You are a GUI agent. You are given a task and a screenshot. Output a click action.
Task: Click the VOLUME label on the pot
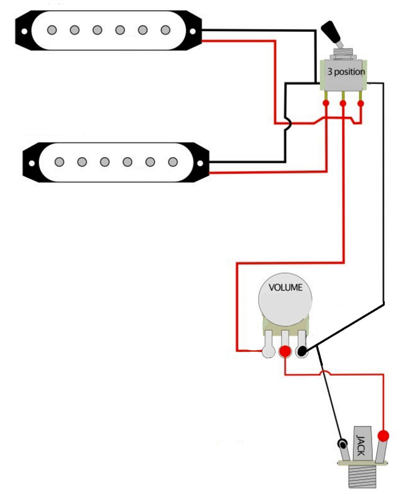tap(285, 287)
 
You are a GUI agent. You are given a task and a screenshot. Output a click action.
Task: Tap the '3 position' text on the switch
tap(345, 71)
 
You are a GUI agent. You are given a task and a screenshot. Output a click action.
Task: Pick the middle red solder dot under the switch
tap(343, 104)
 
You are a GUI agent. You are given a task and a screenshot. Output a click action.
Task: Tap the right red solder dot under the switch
tap(361, 104)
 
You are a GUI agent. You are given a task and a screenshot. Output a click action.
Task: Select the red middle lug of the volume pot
tap(285, 351)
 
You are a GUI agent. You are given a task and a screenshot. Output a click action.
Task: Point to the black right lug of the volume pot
tap(302, 351)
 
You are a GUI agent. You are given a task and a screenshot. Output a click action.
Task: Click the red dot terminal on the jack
tap(384, 435)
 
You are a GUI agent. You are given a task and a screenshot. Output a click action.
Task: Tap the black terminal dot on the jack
tap(342, 445)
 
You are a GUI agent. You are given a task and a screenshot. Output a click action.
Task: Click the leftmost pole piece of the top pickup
tap(52, 29)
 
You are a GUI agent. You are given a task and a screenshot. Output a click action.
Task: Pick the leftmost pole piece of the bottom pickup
tap(59, 161)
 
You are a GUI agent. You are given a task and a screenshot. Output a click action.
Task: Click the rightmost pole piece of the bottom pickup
tap(173, 161)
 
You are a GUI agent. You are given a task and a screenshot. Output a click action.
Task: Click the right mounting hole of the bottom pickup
tap(201, 161)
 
